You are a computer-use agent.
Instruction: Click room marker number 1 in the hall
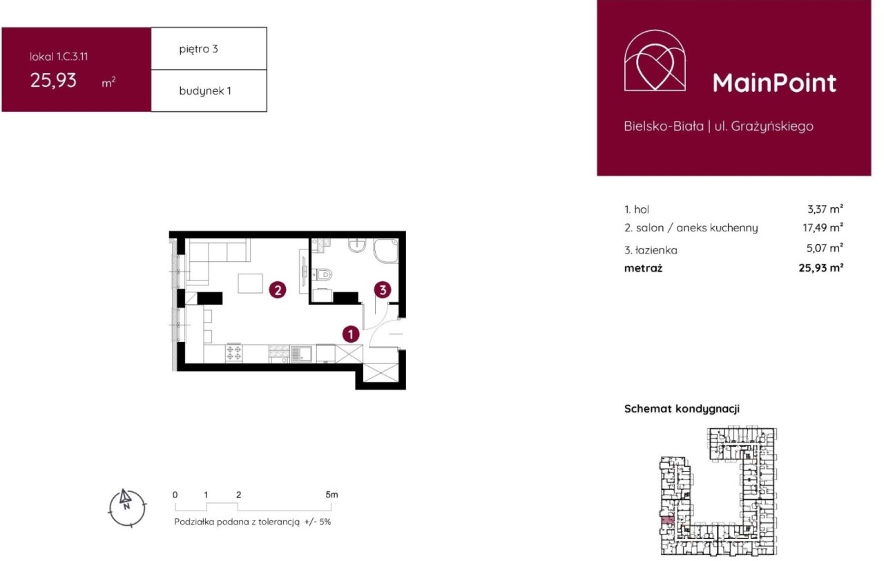(350, 334)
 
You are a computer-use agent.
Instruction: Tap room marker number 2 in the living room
(278, 290)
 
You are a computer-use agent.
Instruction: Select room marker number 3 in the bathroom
(383, 289)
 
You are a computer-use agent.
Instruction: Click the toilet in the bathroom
(322, 274)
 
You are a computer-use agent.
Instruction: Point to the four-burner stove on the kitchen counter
(233, 352)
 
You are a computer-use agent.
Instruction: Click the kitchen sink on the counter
(301, 353)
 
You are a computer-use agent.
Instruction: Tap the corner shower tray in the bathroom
(385, 250)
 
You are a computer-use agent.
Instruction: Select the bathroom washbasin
(357, 245)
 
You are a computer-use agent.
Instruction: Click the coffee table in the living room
(250, 283)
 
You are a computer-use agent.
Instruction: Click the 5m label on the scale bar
(331, 494)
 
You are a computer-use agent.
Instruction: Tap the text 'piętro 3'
(198, 49)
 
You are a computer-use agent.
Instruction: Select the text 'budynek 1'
(205, 91)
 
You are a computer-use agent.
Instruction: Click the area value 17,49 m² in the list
(823, 227)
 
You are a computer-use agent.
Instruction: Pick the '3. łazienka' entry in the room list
(651, 250)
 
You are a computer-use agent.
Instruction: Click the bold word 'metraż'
(643, 269)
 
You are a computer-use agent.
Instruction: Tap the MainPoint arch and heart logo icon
(655, 60)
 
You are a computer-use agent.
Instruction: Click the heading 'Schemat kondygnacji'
(682, 408)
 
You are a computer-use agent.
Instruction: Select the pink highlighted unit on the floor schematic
(667, 520)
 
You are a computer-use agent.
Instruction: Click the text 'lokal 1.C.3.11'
(59, 57)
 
